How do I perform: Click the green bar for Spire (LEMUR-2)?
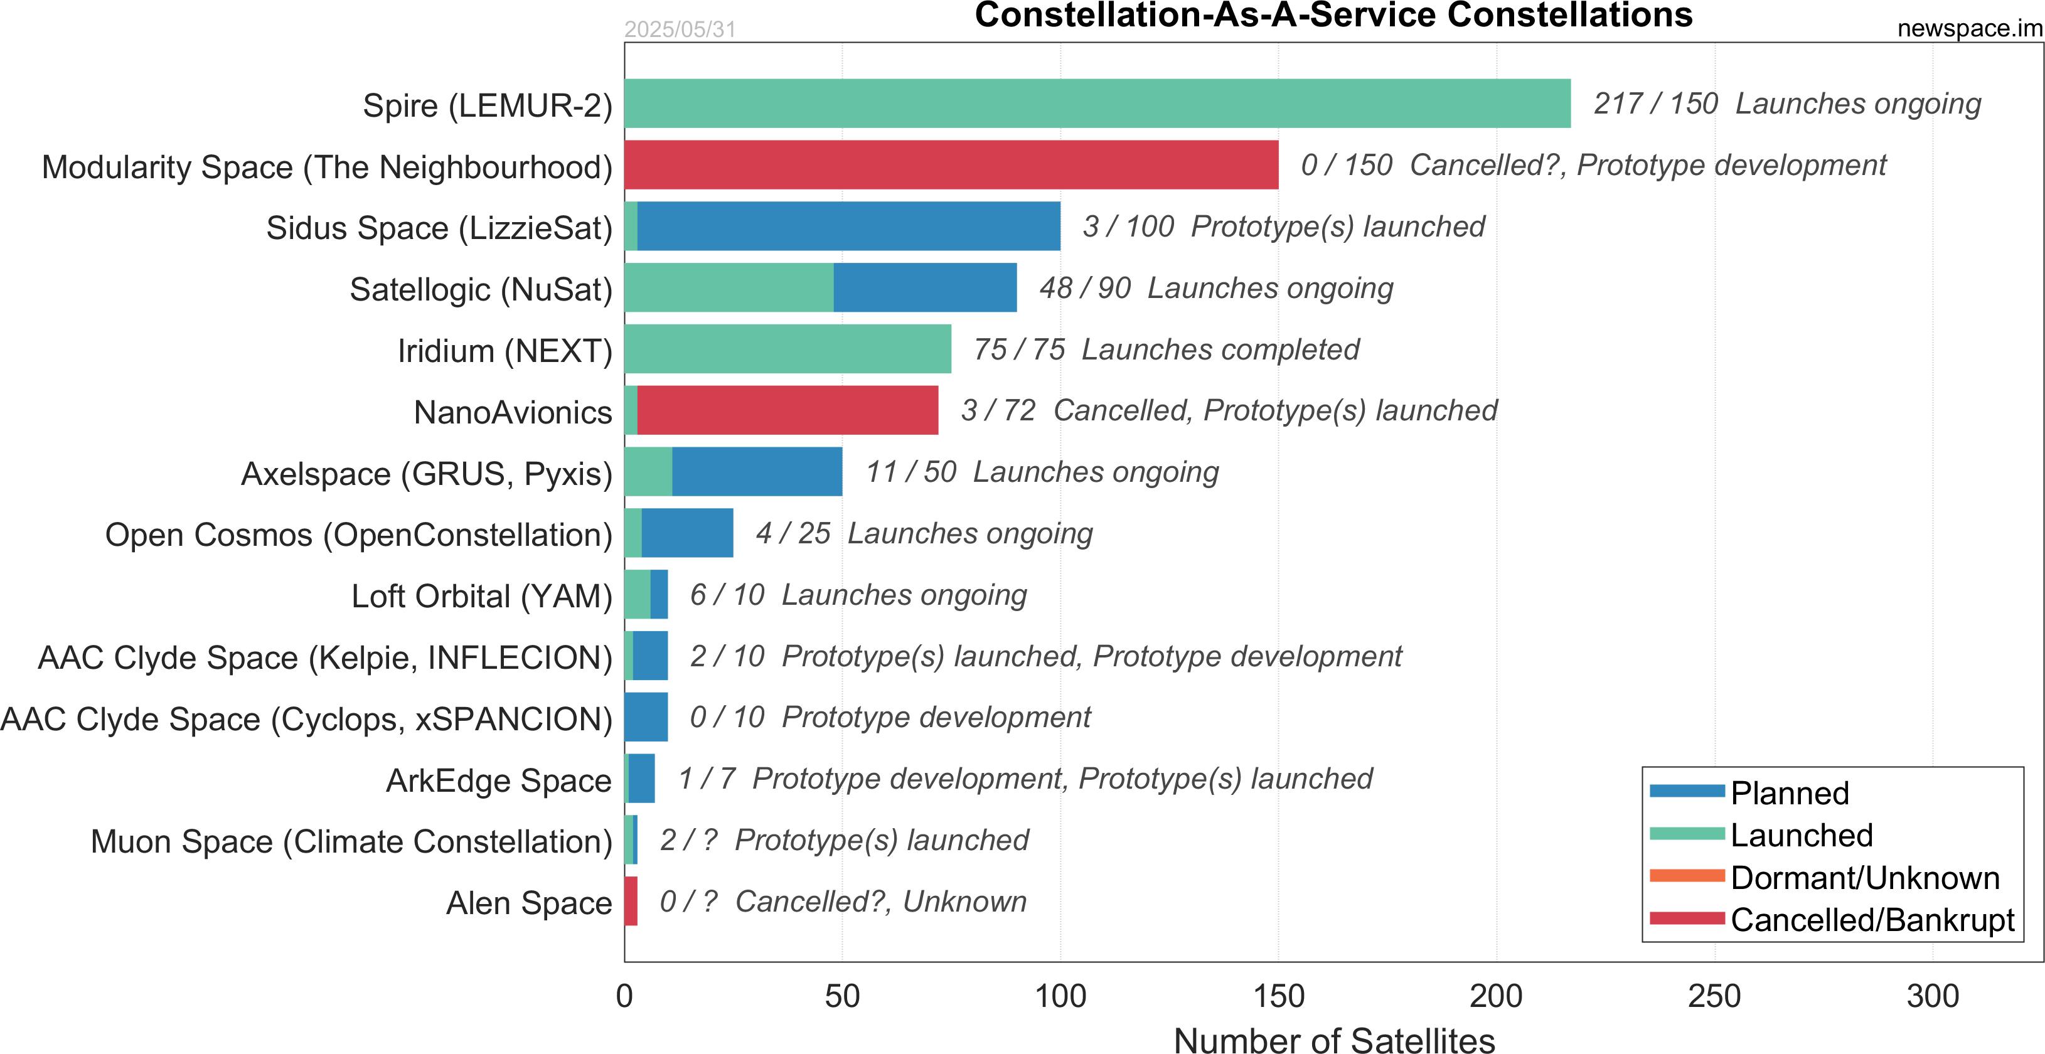point(1097,103)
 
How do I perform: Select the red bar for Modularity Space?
point(951,165)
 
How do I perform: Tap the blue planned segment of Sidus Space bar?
point(848,226)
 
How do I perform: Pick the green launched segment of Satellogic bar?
point(729,287)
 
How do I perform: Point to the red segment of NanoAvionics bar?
point(788,410)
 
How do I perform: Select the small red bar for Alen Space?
point(631,901)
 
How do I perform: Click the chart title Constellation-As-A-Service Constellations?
point(1333,15)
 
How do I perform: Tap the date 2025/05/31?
point(680,29)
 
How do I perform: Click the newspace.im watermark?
point(1969,29)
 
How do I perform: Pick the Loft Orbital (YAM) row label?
point(482,596)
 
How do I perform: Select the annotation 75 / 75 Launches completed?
point(1166,349)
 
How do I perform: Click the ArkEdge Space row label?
point(499,780)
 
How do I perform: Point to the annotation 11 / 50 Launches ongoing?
point(1042,471)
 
